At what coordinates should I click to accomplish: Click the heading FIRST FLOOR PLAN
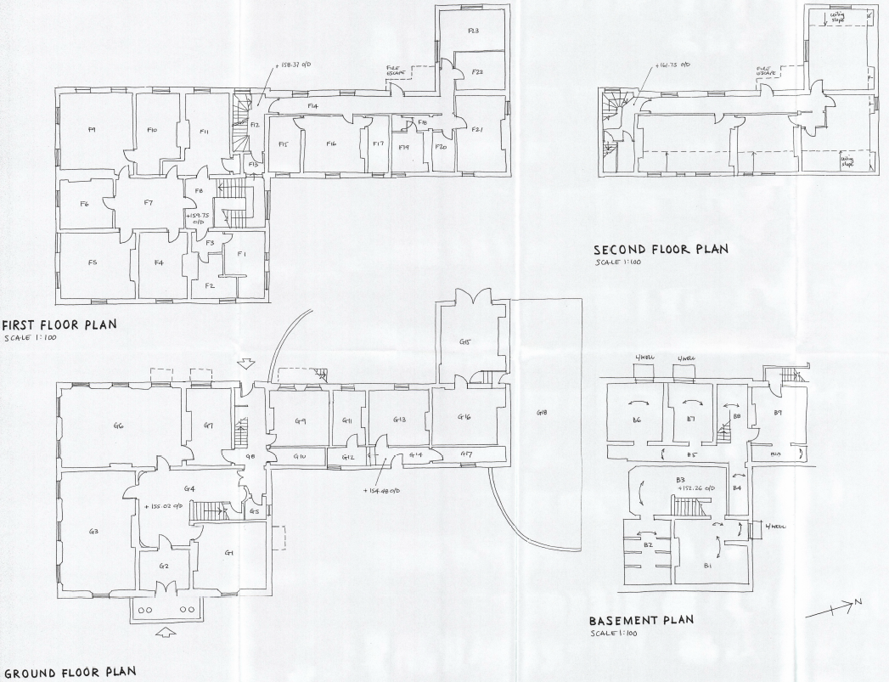coord(59,324)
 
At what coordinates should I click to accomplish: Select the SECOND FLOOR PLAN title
coord(660,250)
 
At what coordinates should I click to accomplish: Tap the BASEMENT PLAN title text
coord(641,620)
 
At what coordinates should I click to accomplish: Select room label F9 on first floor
coord(92,129)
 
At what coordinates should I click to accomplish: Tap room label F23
coord(473,31)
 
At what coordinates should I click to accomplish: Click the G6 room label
coord(118,426)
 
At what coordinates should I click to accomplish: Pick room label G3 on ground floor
coord(93,532)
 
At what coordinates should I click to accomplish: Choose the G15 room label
coord(464,342)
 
